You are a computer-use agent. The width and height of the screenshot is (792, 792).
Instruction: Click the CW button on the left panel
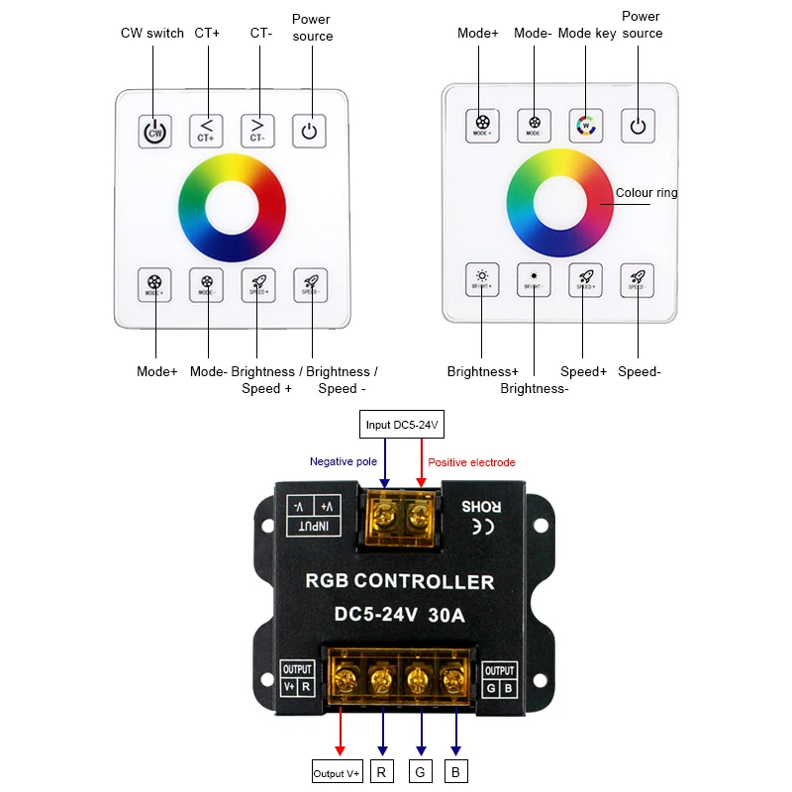click(x=153, y=130)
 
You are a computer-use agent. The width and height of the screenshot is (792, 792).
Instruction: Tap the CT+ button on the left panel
click(x=206, y=130)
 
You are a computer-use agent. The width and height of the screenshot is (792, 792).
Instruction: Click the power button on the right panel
click(x=638, y=125)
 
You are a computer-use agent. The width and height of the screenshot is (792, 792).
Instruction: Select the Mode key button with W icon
click(x=585, y=125)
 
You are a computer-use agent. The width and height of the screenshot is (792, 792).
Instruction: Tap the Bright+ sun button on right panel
click(x=482, y=279)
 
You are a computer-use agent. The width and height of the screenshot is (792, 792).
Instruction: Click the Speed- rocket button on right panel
click(x=638, y=279)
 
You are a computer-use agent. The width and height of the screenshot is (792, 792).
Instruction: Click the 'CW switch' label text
click(x=152, y=33)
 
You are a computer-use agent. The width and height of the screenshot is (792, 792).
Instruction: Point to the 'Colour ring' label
click(x=646, y=193)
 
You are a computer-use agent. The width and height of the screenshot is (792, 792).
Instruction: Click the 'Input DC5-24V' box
click(x=401, y=426)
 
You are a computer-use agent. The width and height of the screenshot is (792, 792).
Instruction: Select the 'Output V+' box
click(x=338, y=771)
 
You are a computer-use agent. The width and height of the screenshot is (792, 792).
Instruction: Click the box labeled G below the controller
click(x=420, y=771)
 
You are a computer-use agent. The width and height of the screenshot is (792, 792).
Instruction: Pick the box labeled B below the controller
click(x=455, y=771)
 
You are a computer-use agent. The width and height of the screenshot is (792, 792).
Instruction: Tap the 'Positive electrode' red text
click(x=471, y=462)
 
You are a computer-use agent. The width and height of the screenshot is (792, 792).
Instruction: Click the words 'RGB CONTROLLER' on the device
click(x=399, y=581)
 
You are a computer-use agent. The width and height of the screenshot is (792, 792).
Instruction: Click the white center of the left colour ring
click(x=232, y=208)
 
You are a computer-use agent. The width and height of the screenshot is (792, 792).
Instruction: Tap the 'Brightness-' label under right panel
click(x=534, y=389)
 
